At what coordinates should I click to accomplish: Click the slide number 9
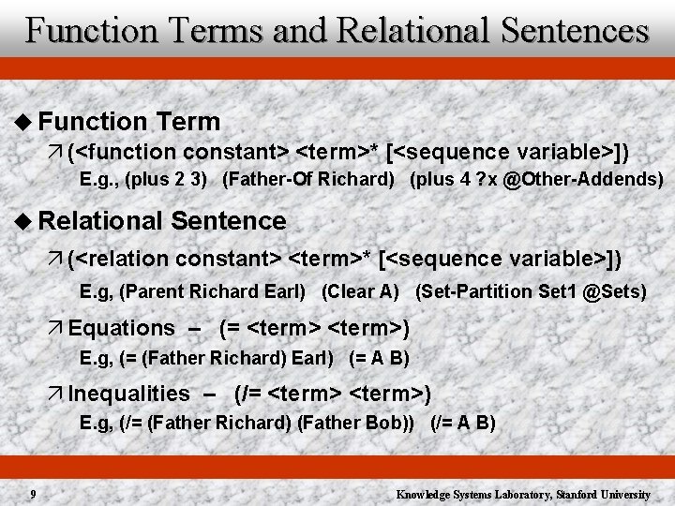point(33,494)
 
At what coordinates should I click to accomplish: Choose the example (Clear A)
point(360,291)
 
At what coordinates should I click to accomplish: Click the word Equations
point(121,328)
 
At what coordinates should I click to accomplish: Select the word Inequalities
point(128,394)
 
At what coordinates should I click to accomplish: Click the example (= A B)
point(379,358)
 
